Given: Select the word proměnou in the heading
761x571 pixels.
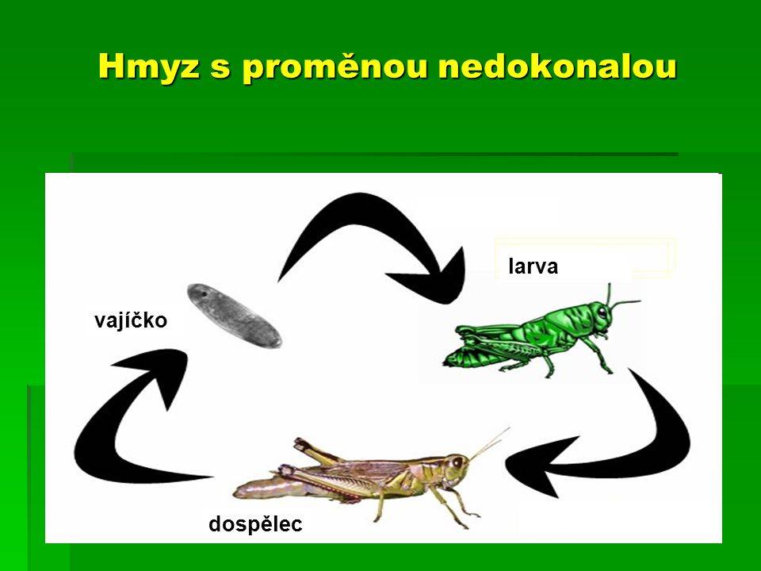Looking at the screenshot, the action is click(x=335, y=68).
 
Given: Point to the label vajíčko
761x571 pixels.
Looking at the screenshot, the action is click(x=131, y=321).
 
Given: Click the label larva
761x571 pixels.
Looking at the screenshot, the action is click(x=533, y=266).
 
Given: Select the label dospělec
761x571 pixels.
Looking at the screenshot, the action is click(x=255, y=524).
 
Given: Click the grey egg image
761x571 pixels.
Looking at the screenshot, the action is click(x=235, y=316).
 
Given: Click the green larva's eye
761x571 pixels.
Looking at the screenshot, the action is click(x=602, y=311).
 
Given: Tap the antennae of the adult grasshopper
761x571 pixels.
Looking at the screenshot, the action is click(x=489, y=443).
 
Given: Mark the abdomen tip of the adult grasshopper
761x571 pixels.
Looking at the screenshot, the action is click(x=238, y=492).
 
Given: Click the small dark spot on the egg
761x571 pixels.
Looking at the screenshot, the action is click(x=205, y=293).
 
